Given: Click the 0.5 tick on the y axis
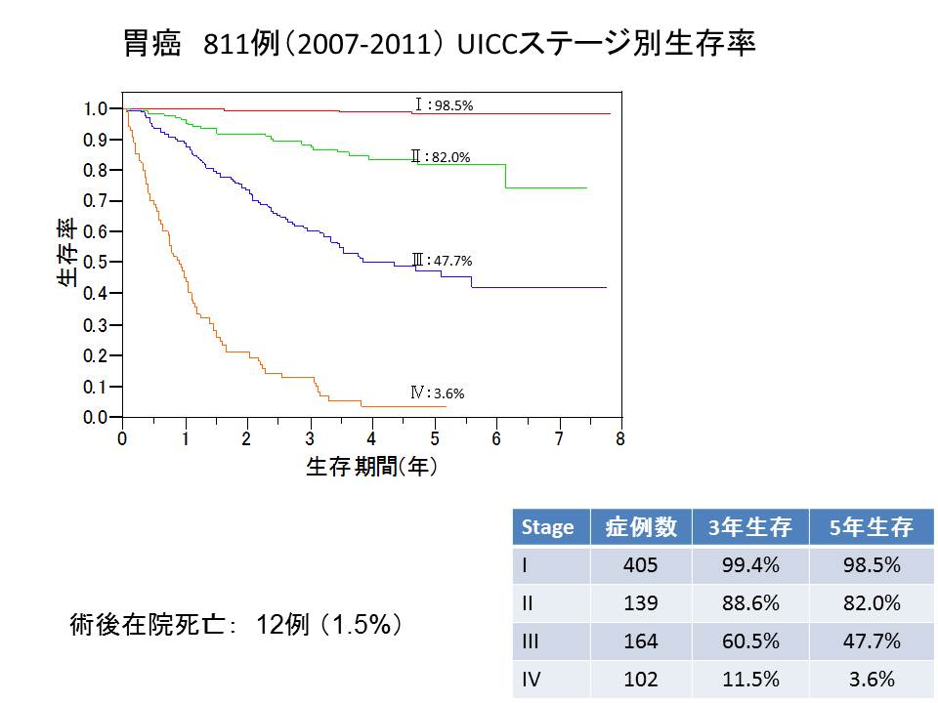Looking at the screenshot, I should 98,263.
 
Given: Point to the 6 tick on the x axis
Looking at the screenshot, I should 495,439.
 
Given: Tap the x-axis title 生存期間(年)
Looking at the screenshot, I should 371,467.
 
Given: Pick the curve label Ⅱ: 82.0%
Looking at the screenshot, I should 441,156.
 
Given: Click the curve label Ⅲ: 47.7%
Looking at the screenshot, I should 442,261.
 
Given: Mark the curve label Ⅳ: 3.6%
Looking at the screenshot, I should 437,393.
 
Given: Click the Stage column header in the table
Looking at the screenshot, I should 548,527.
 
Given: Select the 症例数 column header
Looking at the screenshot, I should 640,527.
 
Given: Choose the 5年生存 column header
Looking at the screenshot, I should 871,527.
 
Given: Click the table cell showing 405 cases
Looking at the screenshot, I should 640,565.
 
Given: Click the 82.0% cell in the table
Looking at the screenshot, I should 871,603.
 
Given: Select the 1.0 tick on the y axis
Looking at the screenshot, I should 98,108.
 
